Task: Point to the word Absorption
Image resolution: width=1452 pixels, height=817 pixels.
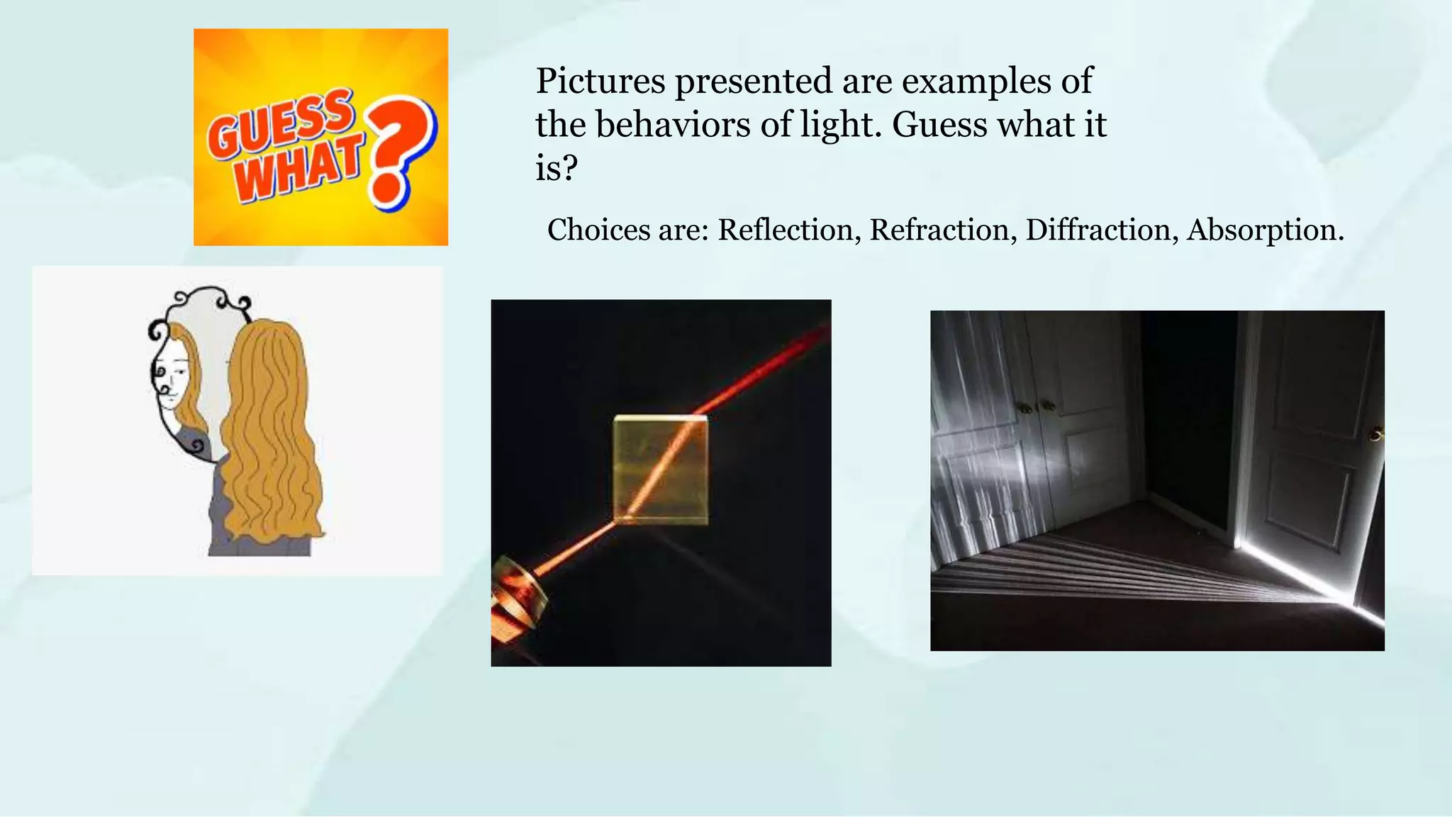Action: coord(1265,230)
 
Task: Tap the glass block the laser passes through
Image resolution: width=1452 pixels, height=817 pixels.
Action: coord(660,469)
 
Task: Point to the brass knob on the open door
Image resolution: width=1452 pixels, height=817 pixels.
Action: coord(1377,434)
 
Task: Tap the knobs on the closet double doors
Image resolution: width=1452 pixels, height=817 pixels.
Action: coord(1036,407)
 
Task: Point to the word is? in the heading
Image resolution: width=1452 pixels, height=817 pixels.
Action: coord(557,169)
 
